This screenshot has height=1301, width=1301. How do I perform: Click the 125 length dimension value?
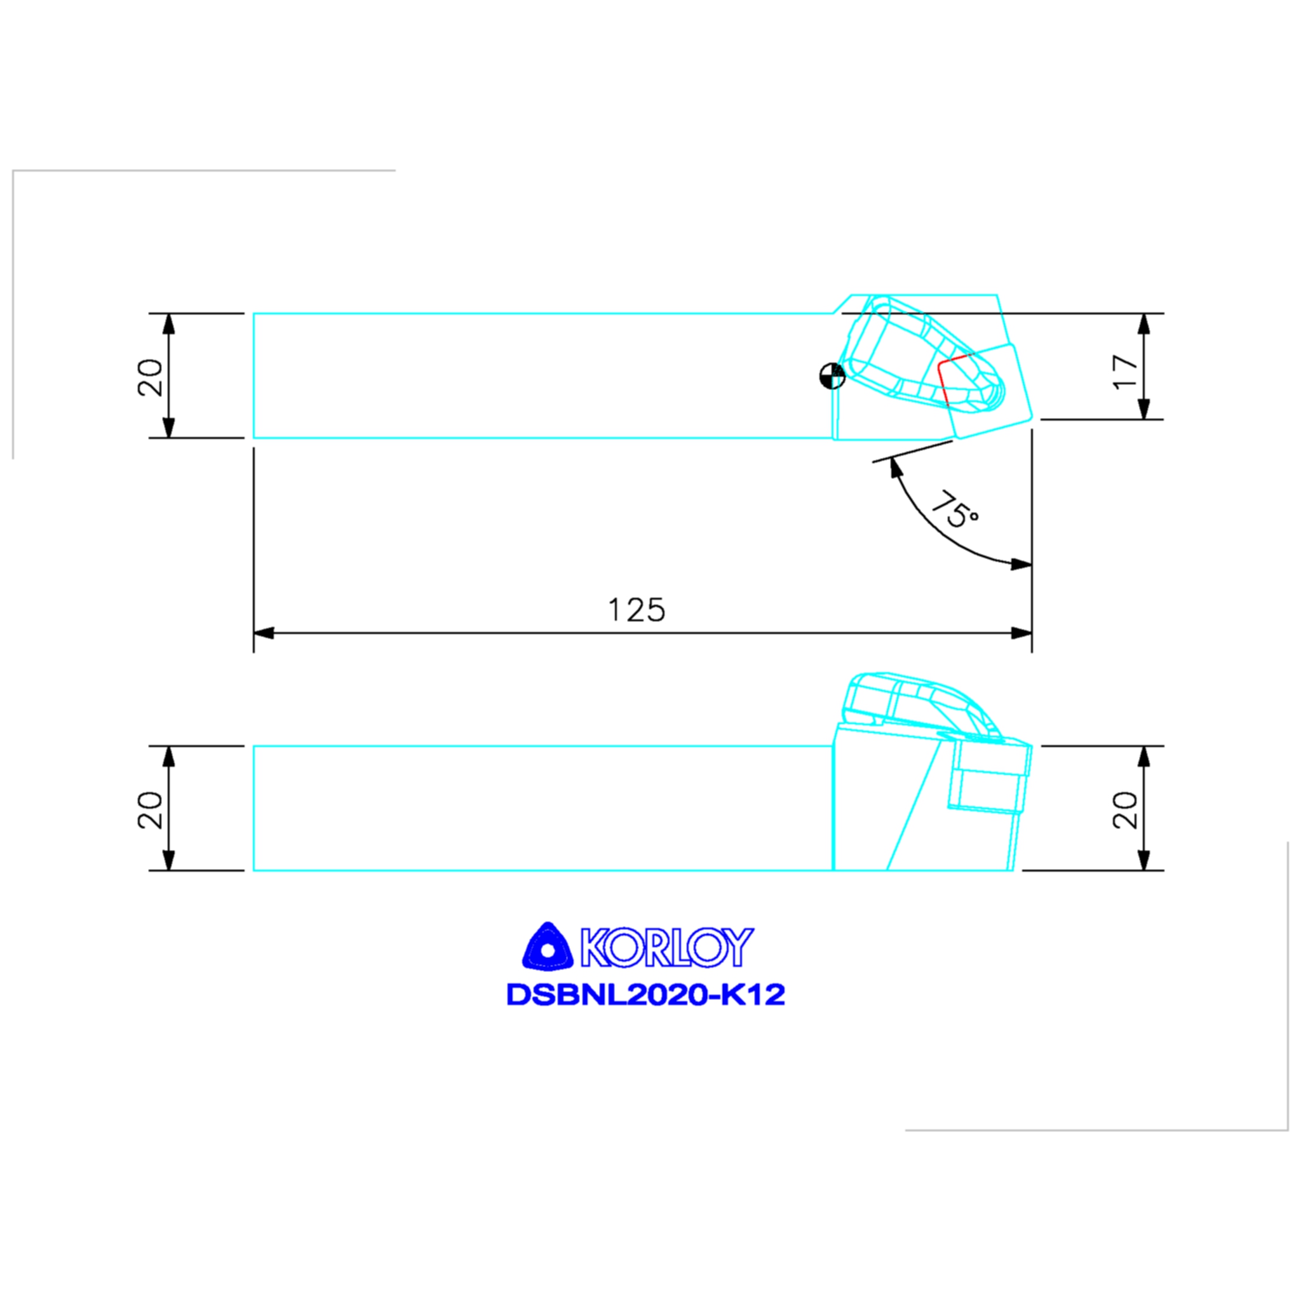point(637,610)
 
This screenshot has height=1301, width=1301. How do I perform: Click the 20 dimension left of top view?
point(150,377)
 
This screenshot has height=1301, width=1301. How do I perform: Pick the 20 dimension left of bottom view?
point(150,809)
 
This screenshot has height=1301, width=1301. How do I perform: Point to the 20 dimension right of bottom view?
point(1125,809)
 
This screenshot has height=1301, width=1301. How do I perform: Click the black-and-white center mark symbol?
point(832,376)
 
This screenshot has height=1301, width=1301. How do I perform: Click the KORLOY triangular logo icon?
point(548,947)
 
